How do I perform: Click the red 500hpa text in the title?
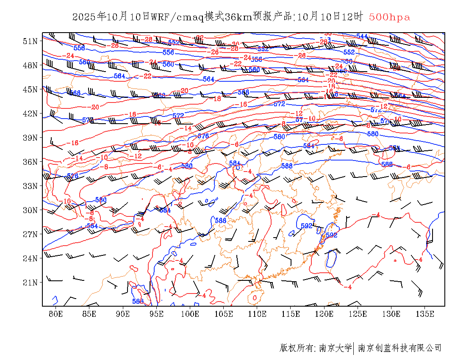[x=389, y=17]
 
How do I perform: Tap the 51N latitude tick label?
[x=30, y=41]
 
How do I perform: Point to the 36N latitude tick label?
[x=30, y=162]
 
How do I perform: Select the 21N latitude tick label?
[x=30, y=282]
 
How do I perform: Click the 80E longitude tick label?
[x=56, y=314]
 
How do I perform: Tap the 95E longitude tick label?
[x=157, y=314]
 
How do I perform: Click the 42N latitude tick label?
[x=30, y=114]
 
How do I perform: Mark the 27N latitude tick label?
[x=30, y=234]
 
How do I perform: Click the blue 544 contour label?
[x=362, y=36]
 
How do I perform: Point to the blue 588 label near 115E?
[x=287, y=166]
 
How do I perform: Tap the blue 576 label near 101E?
[x=203, y=136]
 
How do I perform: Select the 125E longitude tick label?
[x=358, y=314]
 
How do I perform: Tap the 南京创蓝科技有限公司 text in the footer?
[x=399, y=348]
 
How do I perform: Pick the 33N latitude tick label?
[x=30, y=186]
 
